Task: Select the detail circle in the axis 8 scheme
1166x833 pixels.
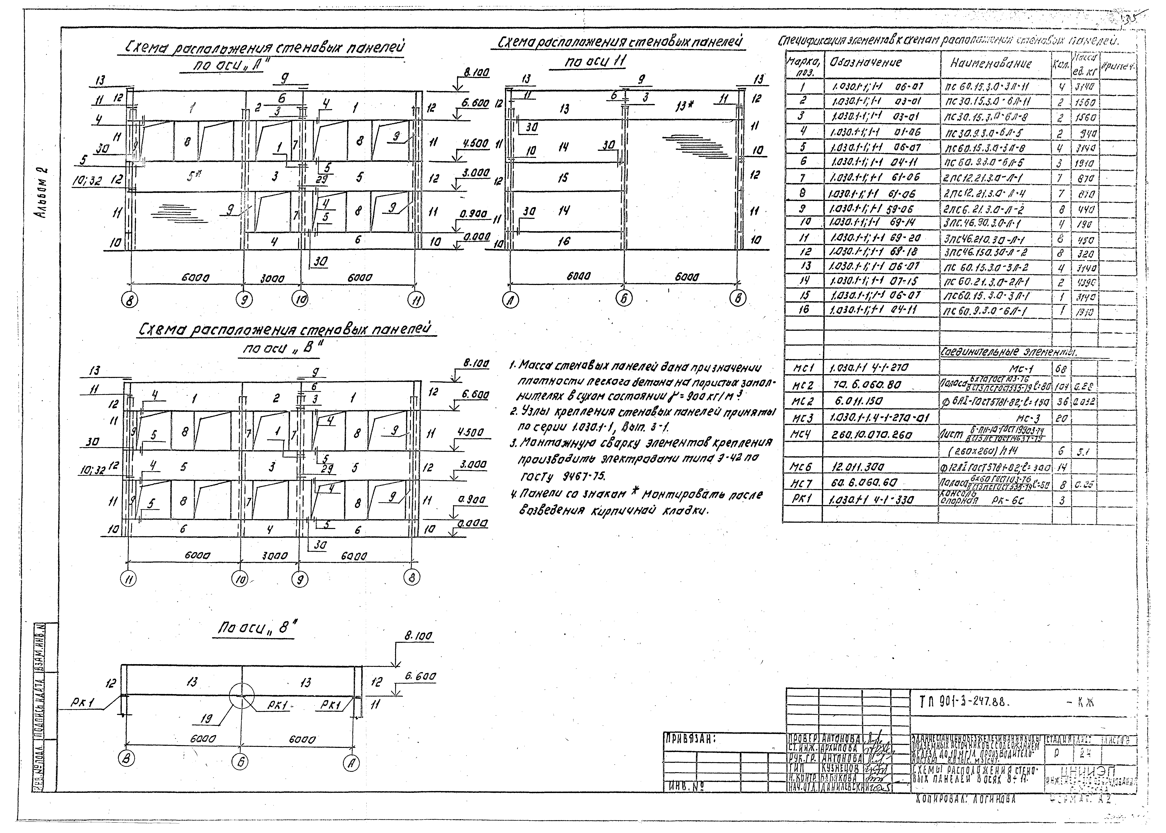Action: [242, 696]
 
